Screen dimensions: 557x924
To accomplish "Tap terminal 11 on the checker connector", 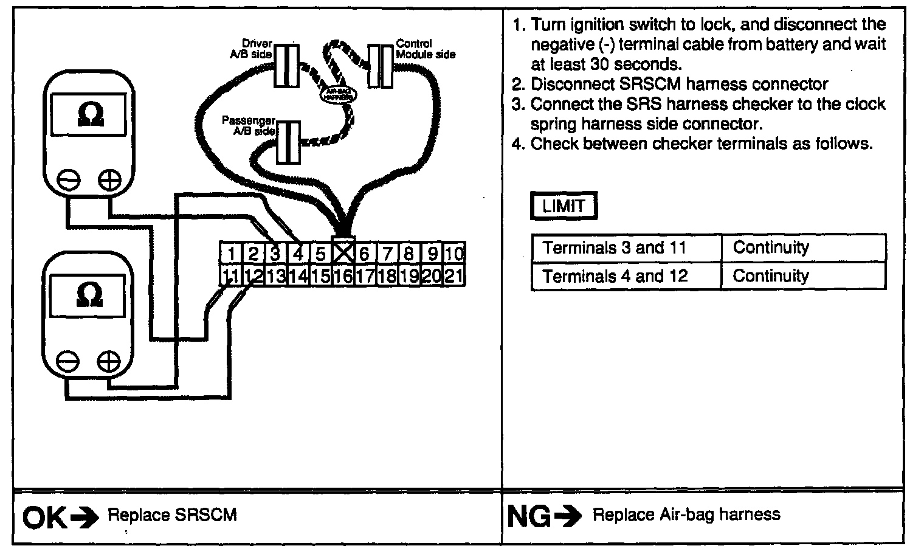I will [230, 277].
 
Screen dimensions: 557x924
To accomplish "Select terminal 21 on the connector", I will [453, 277].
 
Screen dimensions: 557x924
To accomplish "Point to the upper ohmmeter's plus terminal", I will [109, 180].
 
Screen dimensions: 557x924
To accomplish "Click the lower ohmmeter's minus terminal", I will [67, 362].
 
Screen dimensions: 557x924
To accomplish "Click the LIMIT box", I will [564, 207].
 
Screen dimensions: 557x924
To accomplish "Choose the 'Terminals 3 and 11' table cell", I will [615, 248].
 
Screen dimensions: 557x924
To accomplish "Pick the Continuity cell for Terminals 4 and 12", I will [771, 276].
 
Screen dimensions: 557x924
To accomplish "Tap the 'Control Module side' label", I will [425, 49].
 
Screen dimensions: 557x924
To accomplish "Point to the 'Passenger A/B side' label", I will [249, 126].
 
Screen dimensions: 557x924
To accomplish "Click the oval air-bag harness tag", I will [339, 95].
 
